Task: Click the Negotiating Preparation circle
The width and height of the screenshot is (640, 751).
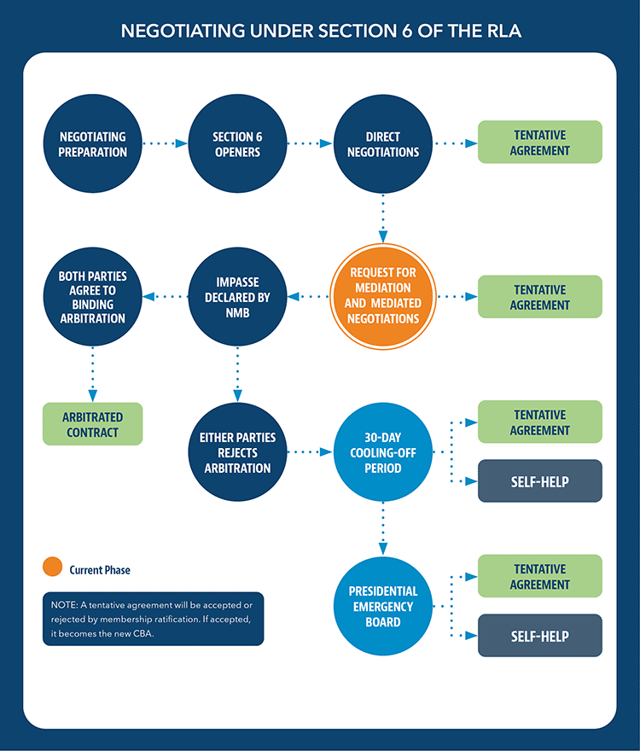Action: [x=93, y=144]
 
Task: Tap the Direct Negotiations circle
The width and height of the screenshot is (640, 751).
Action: [x=382, y=144]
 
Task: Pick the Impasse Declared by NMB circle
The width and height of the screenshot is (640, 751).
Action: [x=238, y=297]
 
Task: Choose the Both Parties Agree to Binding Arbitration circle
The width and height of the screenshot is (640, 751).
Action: [x=93, y=297]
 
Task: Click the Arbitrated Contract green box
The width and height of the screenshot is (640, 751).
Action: [x=93, y=424]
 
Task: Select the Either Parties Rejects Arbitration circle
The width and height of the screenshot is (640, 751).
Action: [x=238, y=451]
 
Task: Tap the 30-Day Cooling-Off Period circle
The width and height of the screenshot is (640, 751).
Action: [x=382, y=451]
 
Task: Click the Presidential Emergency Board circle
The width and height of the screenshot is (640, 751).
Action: [x=382, y=606]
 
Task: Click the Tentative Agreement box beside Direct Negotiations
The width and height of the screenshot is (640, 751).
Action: [x=539, y=143]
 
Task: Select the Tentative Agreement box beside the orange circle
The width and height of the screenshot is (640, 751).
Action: [x=539, y=297]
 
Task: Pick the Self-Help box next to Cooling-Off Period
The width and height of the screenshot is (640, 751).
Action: [x=539, y=481]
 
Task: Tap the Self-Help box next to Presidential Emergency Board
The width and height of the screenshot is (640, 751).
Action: [x=539, y=636]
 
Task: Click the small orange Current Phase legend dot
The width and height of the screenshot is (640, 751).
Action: [x=53, y=568]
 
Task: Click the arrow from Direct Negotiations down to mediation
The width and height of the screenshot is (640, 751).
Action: [x=382, y=218]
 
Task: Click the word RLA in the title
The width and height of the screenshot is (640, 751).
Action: [x=500, y=32]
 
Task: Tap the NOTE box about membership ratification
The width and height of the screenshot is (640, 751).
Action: [x=154, y=619]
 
